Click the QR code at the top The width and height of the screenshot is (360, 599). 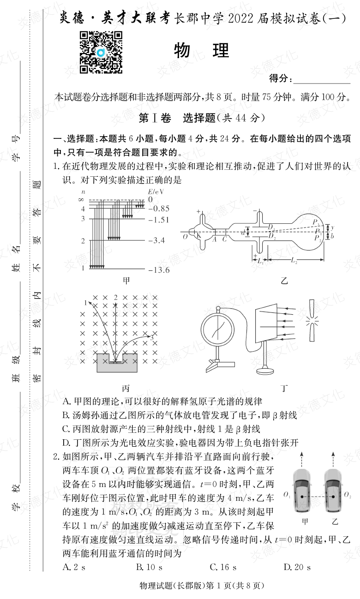tap(101, 52)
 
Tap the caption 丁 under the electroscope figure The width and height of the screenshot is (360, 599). tap(284, 388)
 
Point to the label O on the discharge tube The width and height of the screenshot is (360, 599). tap(185, 236)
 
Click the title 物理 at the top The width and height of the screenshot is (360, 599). tap(202, 50)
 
